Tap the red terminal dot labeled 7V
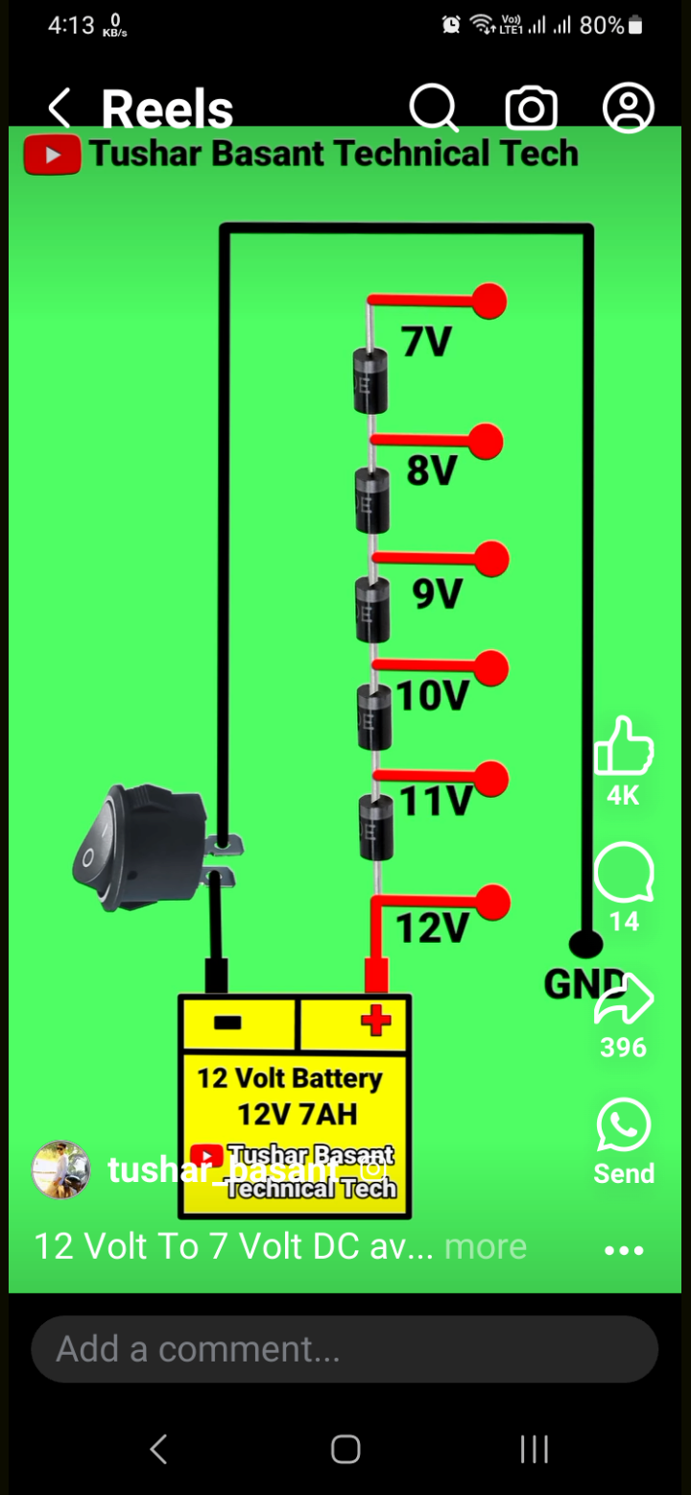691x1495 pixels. coord(490,301)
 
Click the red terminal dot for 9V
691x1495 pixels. coord(492,559)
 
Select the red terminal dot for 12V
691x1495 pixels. coord(493,903)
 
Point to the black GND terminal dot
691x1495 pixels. coord(585,945)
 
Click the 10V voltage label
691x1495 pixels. coord(433,696)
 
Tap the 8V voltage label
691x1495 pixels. coord(432,470)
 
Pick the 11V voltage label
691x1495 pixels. coord(437,800)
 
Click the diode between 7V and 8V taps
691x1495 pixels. coord(370,380)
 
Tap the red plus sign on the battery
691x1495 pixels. coord(375,1020)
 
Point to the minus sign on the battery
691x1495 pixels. coord(227,1023)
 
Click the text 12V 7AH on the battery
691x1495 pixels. coord(298,1114)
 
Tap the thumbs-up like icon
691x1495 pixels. coord(624,747)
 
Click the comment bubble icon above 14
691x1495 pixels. coord(624,874)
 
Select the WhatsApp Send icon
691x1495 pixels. coord(624,1125)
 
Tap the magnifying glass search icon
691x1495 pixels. coord(434,108)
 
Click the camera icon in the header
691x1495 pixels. coord(532,109)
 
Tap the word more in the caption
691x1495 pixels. coord(486,1246)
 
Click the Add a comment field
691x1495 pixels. coord(345,1349)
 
